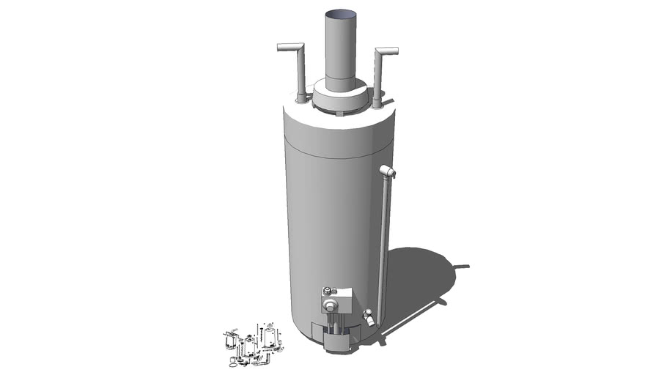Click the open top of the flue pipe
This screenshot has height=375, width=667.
pyautogui.click(x=340, y=14)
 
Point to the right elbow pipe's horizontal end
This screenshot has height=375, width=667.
pyautogui.click(x=388, y=51)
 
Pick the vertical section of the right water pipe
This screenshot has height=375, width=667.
pyautogui.click(x=379, y=77)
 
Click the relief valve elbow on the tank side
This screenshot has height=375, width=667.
pyautogui.click(x=388, y=171)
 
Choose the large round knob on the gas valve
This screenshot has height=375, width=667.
pyautogui.click(x=332, y=306)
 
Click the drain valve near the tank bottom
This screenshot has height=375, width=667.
pyautogui.click(x=369, y=318)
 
